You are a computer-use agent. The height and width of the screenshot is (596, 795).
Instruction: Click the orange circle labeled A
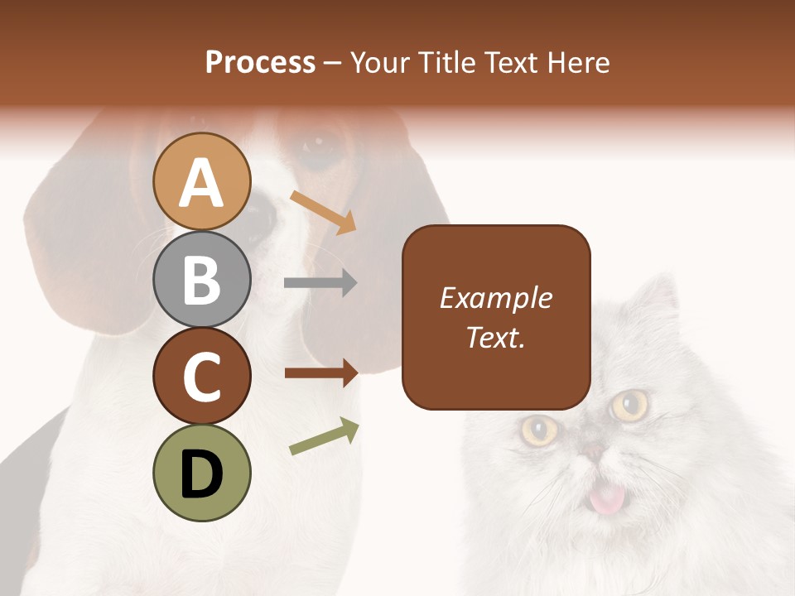[x=201, y=181]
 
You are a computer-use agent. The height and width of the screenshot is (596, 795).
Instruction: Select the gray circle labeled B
[x=201, y=279]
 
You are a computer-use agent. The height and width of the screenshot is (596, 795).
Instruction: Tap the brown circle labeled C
[x=201, y=376]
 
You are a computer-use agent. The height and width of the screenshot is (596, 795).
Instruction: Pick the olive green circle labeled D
[x=201, y=473]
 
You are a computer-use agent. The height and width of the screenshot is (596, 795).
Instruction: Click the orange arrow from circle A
[x=324, y=211]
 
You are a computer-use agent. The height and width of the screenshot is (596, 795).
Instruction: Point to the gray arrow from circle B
[x=320, y=283]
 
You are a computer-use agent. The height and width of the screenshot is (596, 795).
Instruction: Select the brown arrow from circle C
[x=320, y=373]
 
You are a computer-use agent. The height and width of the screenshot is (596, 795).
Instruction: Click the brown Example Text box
[x=496, y=317]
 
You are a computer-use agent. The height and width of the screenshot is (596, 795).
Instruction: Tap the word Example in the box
[x=496, y=298]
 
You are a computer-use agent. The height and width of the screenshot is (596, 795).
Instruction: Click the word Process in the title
[x=260, y=63]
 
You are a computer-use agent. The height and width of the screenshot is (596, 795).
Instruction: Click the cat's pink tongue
[x=607, y=498]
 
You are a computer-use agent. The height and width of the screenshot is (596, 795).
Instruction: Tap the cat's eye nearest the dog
[x=539, y=428]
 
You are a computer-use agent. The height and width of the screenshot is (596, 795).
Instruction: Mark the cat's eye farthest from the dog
[x=630, y=405]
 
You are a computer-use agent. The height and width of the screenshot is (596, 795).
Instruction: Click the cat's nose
[x=593, y=451]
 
